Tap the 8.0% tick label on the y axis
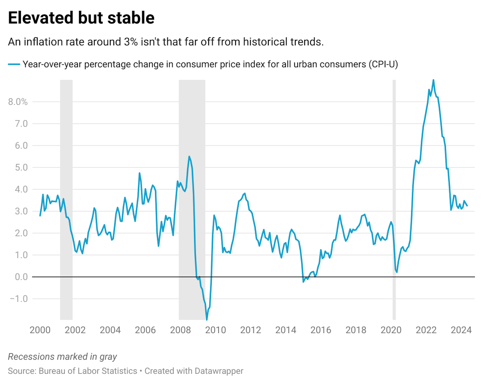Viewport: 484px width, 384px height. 18,102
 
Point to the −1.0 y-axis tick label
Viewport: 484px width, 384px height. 19,299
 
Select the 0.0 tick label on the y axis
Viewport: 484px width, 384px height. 21,277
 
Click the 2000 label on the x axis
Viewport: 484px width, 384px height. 40,330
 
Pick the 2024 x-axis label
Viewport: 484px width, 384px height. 461,330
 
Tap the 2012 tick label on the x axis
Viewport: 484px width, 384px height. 250,330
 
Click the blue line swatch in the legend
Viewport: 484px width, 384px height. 14,64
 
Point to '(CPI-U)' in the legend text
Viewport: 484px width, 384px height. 383,64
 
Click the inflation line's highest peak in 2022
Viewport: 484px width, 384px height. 433,80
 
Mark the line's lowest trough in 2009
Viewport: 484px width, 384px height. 207,320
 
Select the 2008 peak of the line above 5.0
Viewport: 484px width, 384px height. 189,157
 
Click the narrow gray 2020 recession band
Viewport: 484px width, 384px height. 394,199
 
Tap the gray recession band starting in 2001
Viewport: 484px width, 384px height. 66,199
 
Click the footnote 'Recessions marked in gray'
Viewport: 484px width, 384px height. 62,356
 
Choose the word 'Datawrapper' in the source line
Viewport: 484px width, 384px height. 219,371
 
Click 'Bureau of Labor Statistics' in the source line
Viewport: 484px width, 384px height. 88,371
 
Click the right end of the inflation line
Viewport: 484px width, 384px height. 467,206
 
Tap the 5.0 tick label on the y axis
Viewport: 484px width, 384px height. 21,167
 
